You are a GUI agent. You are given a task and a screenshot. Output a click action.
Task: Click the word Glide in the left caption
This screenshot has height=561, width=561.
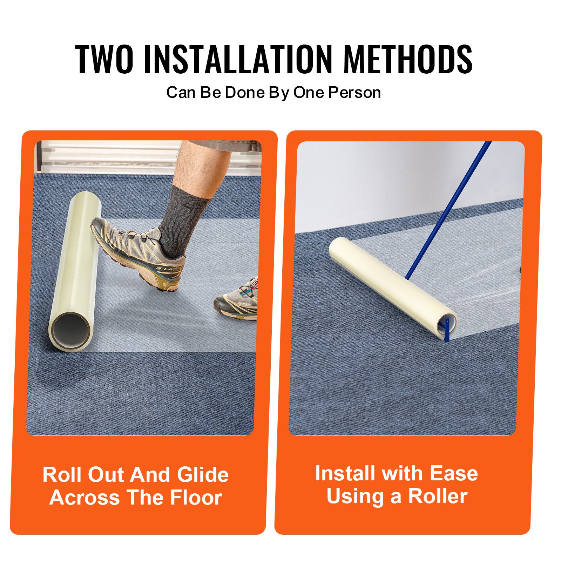(x=203, y=475)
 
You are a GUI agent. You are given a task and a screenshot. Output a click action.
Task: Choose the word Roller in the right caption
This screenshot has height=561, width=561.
(x=438, y=496)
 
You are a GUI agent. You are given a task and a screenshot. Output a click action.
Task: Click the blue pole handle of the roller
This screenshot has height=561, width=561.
(x=449, y=210)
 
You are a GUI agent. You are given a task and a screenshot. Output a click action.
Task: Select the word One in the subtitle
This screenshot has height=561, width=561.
(x=309, y=93)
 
